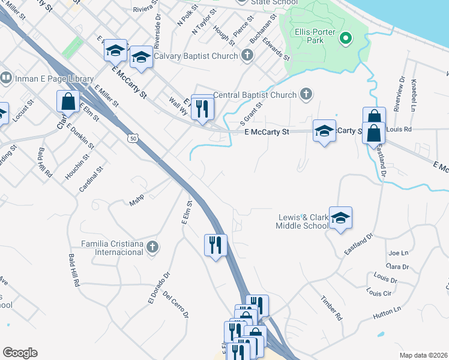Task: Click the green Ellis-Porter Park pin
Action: coord(345,40)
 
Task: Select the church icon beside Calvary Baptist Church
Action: coord(246,56)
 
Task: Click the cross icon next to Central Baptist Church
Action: coord(306,94)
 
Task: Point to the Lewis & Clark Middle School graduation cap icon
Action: coord(340,219)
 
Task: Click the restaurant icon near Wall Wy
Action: coord(202,109)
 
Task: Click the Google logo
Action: coord(20,353)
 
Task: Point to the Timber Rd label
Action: coord(330,307)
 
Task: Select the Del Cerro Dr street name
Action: coord(175,305)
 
